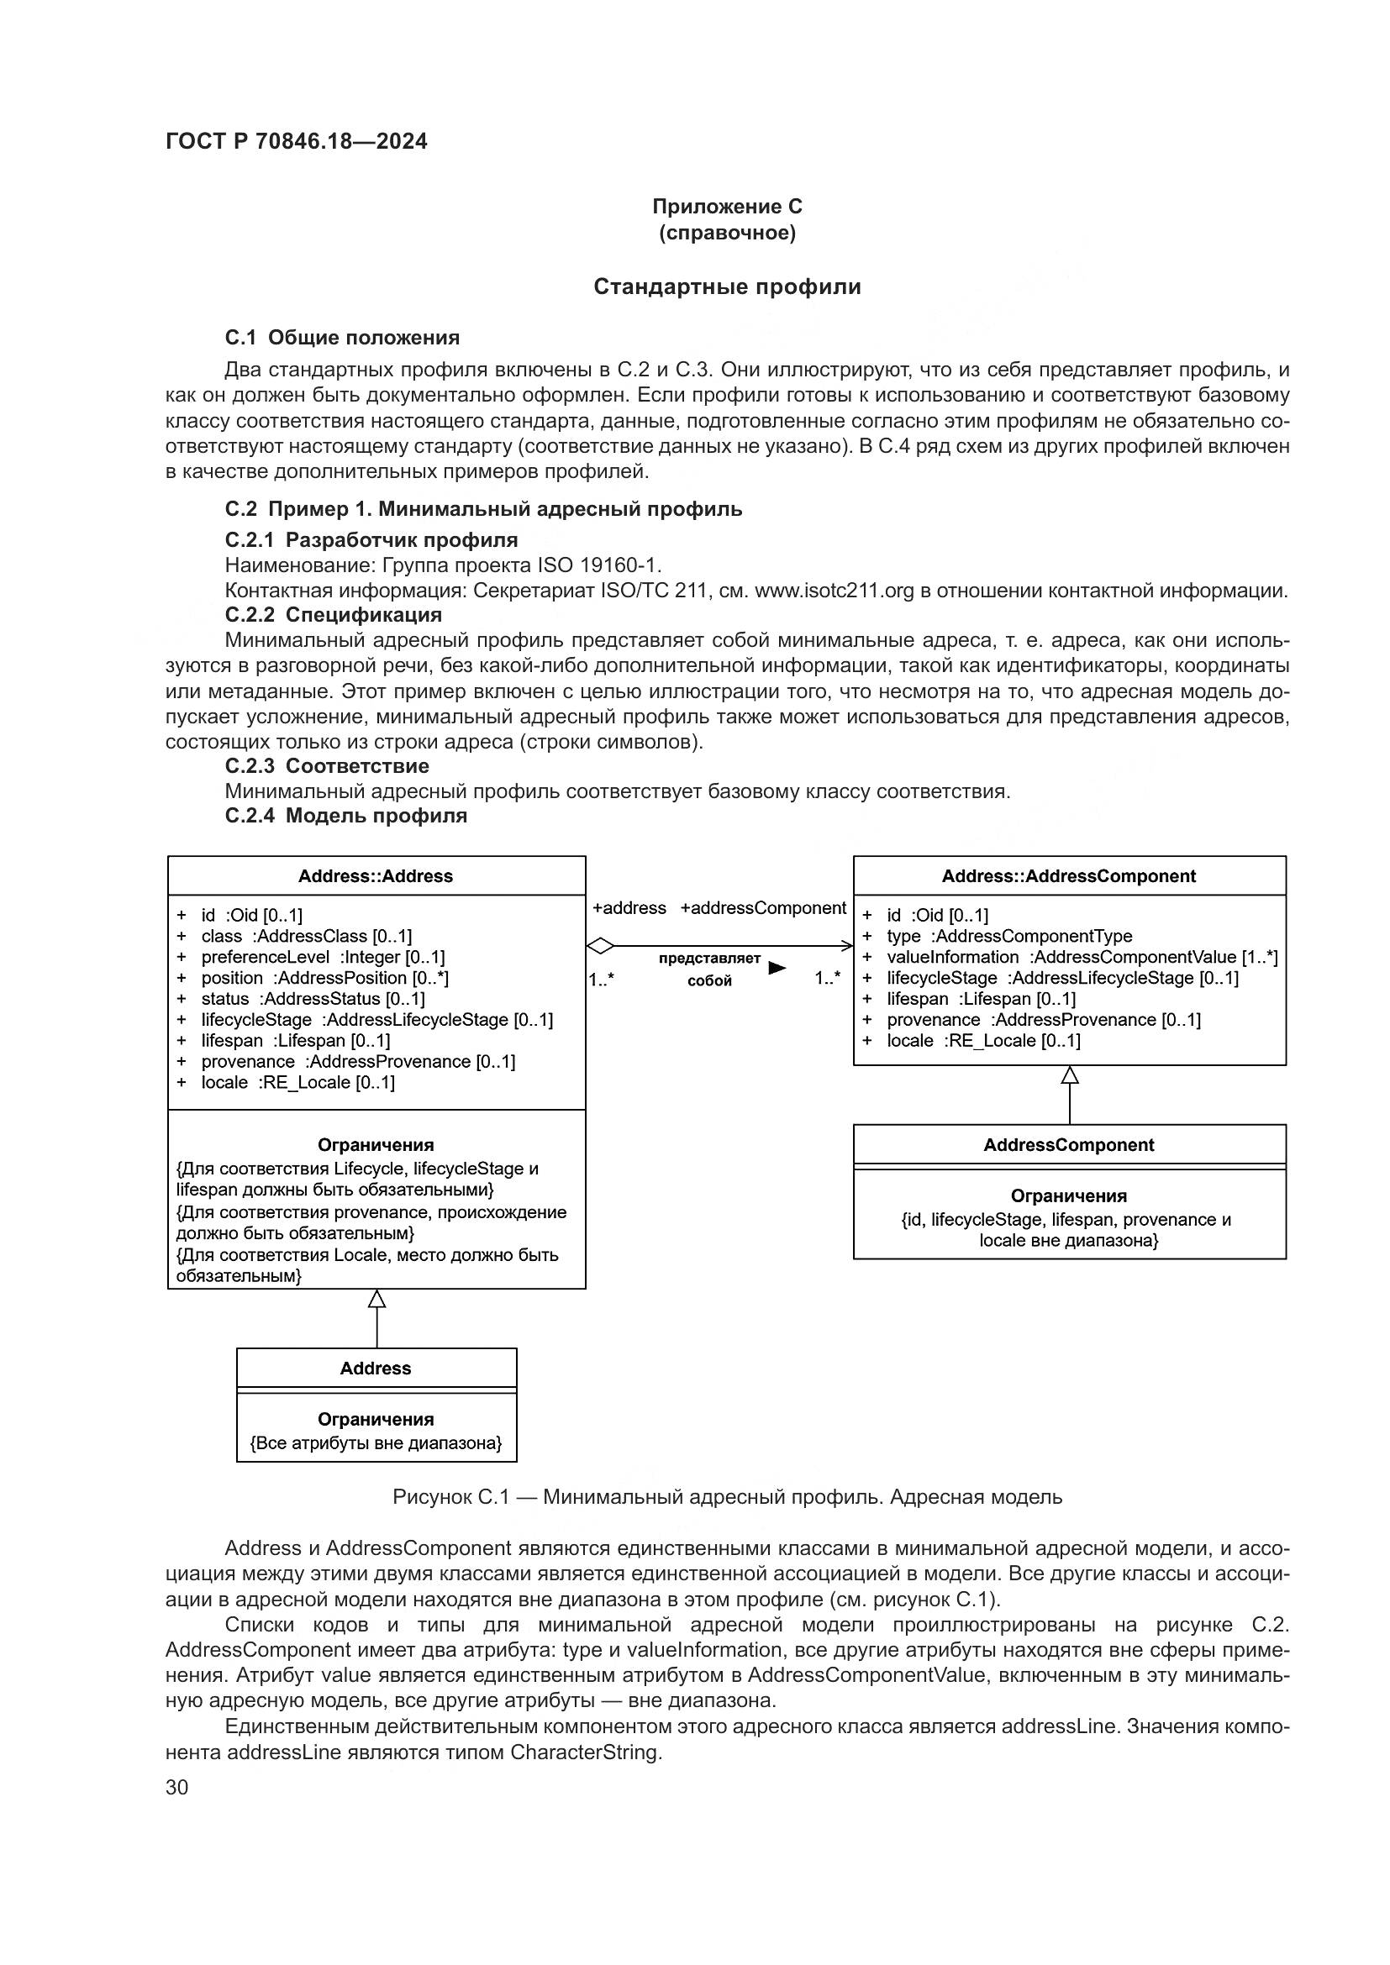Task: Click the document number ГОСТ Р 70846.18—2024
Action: click(296, 142)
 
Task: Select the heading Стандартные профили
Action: click(727, 286)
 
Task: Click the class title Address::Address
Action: click(376, 876)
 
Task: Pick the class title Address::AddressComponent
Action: click(1068, 876)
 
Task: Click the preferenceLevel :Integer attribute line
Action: click(323, 957)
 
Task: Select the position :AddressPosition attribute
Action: click(324, 977)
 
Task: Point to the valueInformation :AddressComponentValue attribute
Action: click(1081, 957)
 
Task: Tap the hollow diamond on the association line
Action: click(601, 946)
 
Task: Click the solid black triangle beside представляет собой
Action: click(777, 968)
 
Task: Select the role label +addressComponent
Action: click(762, 908)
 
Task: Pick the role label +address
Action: click(629, 908)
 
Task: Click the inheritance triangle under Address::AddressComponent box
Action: click(1069, 1075)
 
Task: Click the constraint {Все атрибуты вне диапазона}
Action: click(376, 1443)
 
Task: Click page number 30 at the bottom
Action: click(176, 1787)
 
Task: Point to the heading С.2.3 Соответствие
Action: click(327, 766)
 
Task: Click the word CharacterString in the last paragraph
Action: click(586, 1752)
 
